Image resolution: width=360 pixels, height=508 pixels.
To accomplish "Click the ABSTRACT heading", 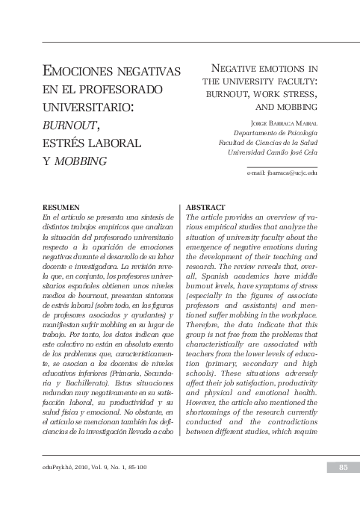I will pyautogui.click(x=205, y=206).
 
